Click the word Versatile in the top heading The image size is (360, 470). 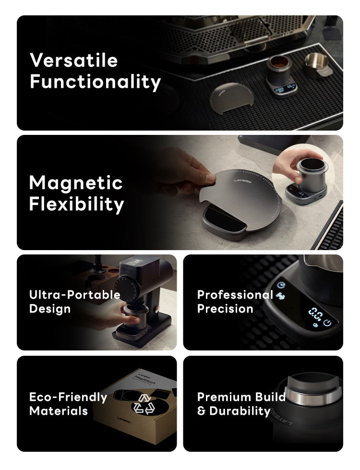73,60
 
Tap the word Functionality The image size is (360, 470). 95,82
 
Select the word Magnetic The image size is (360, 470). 76,183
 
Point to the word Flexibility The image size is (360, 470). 76,204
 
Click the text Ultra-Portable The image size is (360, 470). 74,294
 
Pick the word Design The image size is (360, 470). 49,309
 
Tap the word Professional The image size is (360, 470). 235,294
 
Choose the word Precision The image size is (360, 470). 225,309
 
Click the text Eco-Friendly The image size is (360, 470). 68,397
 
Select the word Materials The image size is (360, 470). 58,411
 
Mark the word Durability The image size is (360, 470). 240,411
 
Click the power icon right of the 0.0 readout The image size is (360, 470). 328,323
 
